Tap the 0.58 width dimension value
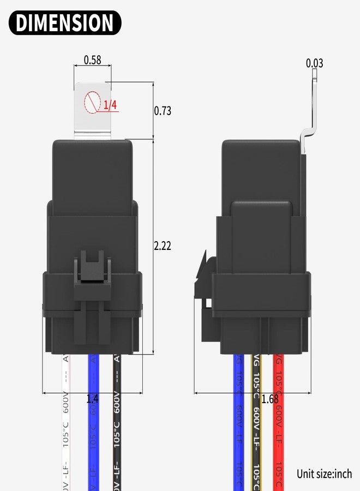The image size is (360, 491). (92, 60)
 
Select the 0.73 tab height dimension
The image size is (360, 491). (163, 111)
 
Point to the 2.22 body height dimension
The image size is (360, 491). (163, 246)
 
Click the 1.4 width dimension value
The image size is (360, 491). (93, 399)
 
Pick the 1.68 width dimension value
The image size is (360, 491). (269, 399)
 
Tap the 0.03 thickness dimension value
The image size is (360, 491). (314, 63)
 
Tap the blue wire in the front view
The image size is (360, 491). (93, 431)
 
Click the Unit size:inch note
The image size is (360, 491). (324, 474)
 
